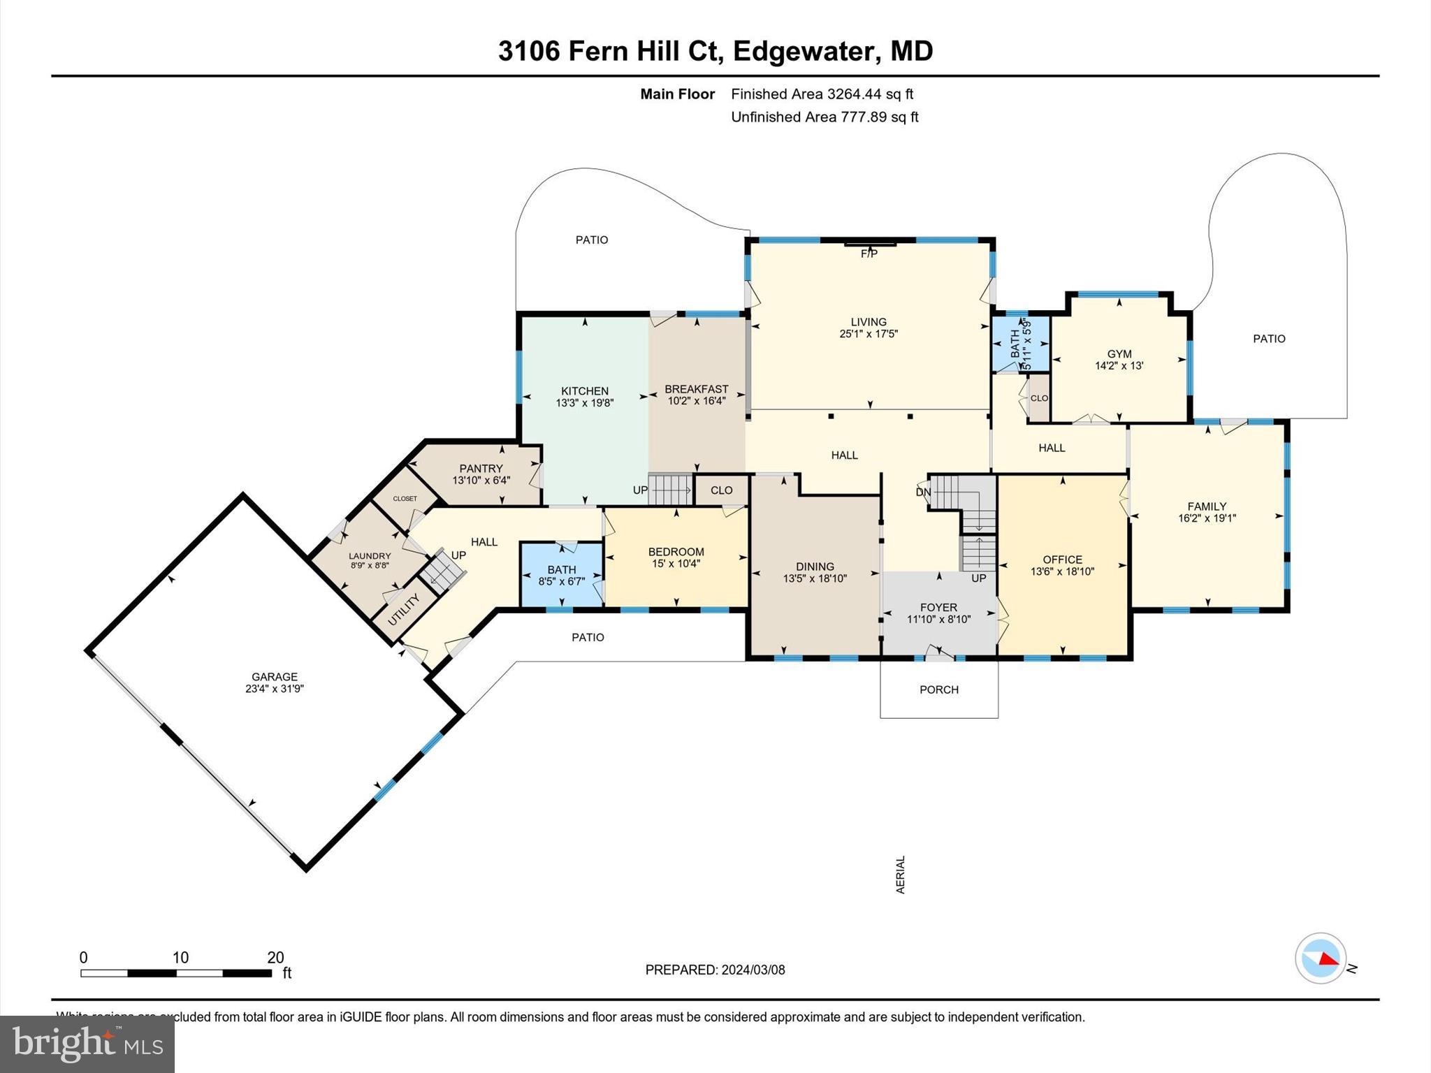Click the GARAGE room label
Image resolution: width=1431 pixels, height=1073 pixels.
point(275,676)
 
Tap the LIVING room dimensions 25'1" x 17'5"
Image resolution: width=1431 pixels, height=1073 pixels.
point(869,334)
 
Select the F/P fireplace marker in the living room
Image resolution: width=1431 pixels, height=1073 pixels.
point(869,254)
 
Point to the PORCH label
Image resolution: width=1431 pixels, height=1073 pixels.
point(938,689)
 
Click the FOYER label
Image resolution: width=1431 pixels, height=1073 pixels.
point(938,607)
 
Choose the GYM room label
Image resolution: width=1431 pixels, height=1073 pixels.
point(1119,353)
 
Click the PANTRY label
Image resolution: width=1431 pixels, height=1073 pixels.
point(481,468)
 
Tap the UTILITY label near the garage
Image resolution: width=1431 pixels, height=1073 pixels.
point(404,609)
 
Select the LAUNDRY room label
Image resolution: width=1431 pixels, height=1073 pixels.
point(370,556)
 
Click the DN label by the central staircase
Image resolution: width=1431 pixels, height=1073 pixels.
point(923,492)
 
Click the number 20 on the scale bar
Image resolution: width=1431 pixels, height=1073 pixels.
point(275,958)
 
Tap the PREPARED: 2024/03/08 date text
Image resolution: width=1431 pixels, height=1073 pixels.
point(715,970)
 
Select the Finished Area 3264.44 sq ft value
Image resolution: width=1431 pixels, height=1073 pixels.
point(822,94)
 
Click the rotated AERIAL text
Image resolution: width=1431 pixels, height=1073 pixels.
point(901,874)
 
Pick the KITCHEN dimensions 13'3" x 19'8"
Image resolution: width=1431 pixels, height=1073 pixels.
point(585,403)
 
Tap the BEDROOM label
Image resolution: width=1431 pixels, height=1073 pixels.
point(676,551)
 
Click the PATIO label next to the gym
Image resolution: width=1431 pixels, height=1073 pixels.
point(1269,338)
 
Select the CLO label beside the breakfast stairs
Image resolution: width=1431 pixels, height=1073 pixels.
point(721,490)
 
